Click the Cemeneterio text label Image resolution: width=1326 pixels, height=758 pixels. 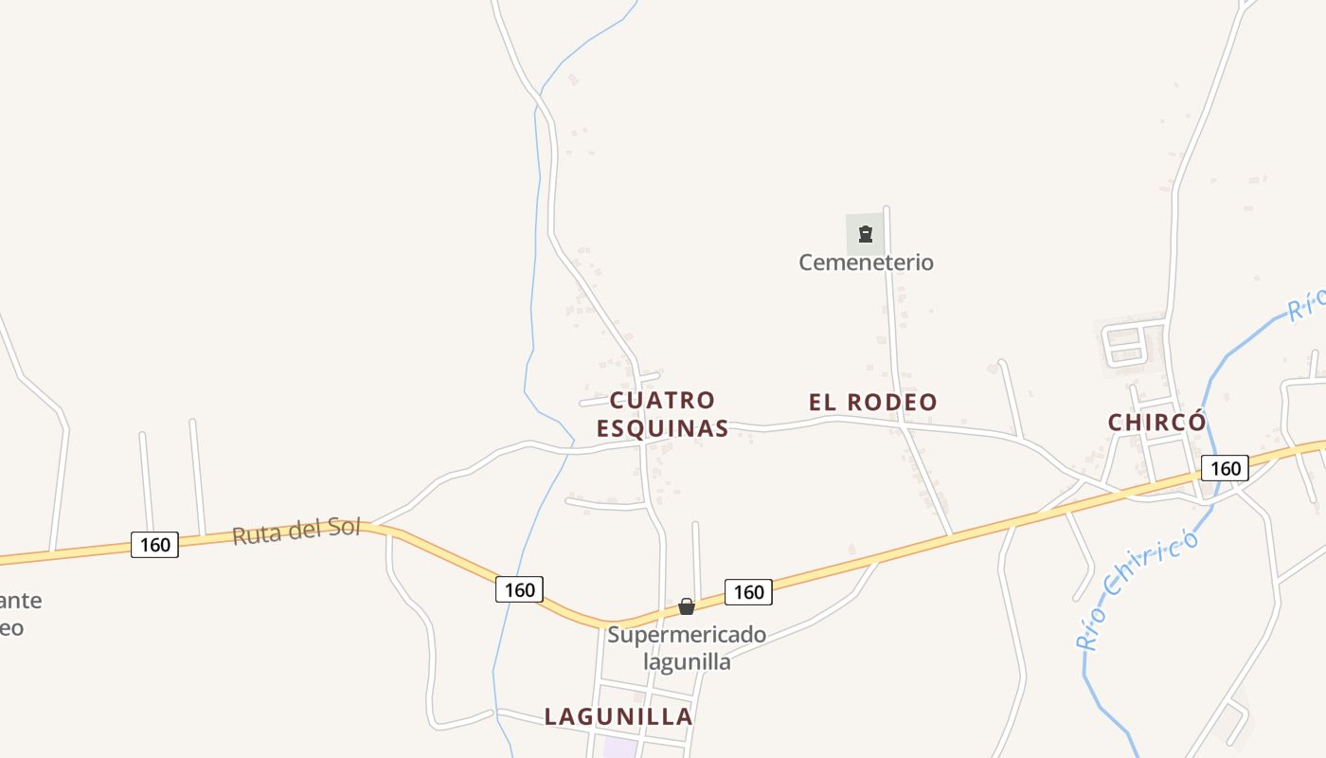866,262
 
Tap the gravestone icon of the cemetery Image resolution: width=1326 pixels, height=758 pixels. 865,233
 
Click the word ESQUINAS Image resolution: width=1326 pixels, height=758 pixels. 662,428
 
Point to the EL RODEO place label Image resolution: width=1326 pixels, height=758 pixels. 872,402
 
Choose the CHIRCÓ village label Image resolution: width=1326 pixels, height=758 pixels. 1157,423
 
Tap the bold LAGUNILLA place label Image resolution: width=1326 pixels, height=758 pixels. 618,716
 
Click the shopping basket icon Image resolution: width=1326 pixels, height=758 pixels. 687,606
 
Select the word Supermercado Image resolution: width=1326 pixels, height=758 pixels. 687,634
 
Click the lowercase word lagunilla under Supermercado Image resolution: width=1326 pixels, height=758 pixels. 687,661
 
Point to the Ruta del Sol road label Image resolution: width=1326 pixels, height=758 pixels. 296,532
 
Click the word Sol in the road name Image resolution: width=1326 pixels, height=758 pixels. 345,527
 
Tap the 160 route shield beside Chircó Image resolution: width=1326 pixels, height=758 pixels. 1225,468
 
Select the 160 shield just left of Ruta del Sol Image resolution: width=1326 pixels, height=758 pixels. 154,545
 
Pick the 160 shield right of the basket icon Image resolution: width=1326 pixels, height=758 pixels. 748,592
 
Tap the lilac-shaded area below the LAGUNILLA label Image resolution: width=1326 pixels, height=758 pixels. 620,748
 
